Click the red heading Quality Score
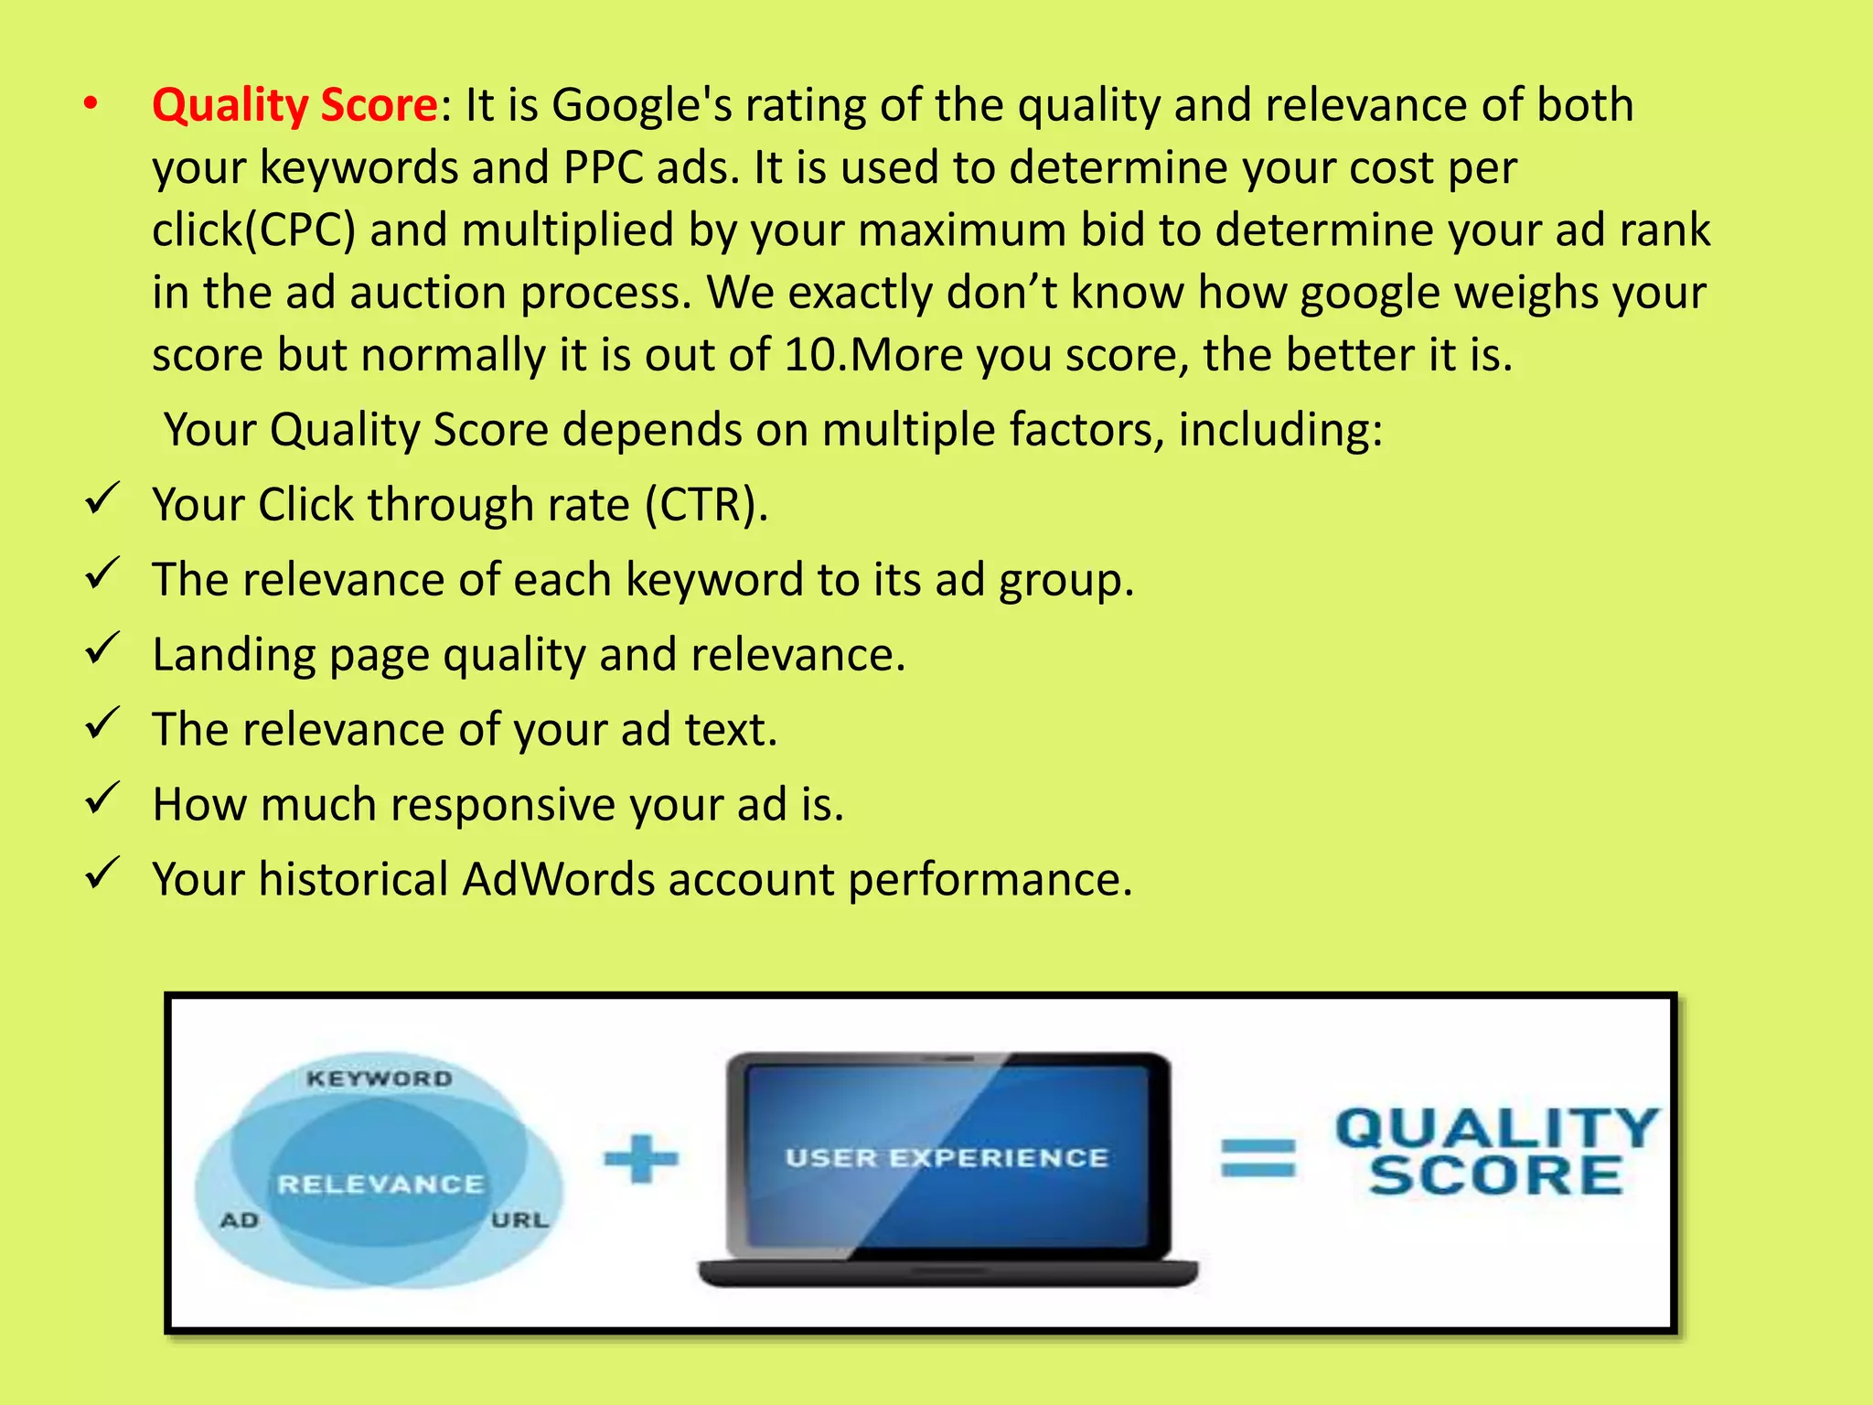pos(294,104)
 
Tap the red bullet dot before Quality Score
pos(90,104)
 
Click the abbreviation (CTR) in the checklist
pos(706,505)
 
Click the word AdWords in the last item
pos(558,879)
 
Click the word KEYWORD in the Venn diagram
pos(380,1079)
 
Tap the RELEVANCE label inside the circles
pos(380,1185)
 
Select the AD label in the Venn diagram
pos(240,1220)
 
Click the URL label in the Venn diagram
pos(519,1220)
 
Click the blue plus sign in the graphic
pos(641,1158)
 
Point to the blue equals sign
pos(1258,1158)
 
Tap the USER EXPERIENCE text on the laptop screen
pos(947,1158)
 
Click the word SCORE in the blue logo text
pos(1496,1176)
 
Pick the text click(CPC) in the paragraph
pos(253,230)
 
